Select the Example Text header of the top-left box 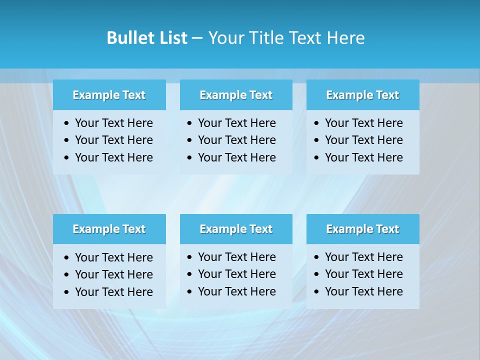109,95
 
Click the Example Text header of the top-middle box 236,95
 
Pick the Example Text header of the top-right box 362,95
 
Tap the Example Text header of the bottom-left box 109,229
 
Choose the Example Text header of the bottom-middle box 236,229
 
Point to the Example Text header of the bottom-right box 362,229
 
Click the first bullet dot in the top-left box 67,123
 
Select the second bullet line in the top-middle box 236,140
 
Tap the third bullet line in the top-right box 363,157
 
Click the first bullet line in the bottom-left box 113,257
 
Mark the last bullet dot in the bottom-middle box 189,291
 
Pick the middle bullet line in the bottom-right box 363,274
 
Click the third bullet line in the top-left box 113,157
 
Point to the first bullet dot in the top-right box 316,123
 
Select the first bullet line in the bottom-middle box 236,257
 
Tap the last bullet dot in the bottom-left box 67,292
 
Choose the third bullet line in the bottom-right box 363,291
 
